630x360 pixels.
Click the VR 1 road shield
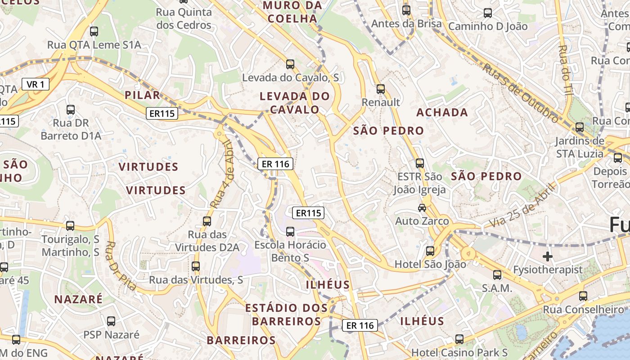coord(36,84)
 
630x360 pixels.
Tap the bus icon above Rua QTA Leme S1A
coord(94,31)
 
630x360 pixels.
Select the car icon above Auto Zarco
coord(422,207)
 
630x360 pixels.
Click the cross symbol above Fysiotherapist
coord(548,256)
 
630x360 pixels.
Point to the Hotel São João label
coord(430,264)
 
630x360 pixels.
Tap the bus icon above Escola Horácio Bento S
coord(290,232)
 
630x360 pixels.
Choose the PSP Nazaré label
coord(111,335)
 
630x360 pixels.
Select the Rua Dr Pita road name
coord(121,265)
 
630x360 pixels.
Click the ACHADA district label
coord(442,112)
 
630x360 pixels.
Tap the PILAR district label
coord(142,95)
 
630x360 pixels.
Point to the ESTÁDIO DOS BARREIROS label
coord(286,315)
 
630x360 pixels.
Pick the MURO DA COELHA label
coord(292,12)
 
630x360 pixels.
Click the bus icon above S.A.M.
coord(497,274)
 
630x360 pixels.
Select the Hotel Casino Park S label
coord(459,352)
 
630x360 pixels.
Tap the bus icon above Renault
coord(381,89)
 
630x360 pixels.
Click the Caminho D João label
coord(488,27)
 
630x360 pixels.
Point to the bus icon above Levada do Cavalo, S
coord(290,64)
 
